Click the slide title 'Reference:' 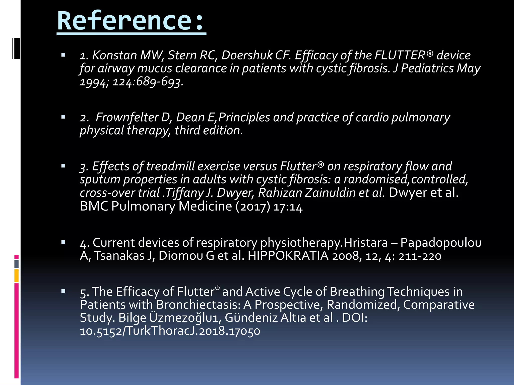[131, 21]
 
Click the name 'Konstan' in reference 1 [115, 55]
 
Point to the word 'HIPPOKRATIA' [288, 256]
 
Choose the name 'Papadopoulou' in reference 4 [441, 243]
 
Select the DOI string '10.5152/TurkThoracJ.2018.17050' [170, 331]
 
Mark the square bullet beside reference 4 [63, 242]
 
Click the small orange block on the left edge [17, 276]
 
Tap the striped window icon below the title [16, 48]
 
